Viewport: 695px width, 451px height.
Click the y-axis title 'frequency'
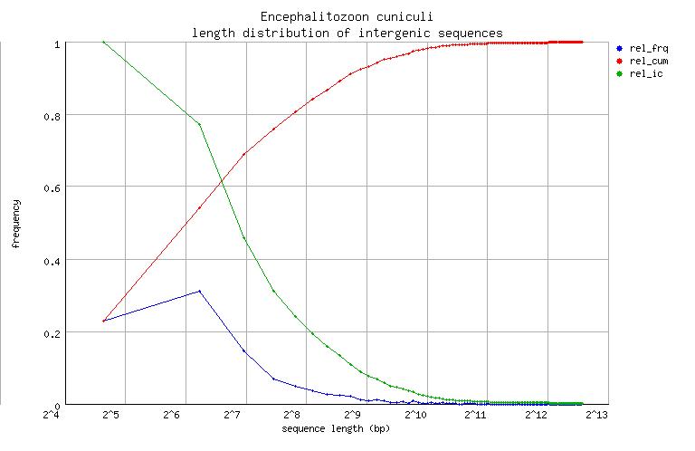(15, 223)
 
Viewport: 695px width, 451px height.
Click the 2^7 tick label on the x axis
(232, 415)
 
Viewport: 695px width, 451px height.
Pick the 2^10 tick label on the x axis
(415, 415)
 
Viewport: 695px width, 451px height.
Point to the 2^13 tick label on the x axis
(596, 415)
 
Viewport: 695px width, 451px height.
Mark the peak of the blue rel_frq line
(199, 292)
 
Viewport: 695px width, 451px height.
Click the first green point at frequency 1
(104, 43)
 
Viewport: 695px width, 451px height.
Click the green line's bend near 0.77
(199, 125)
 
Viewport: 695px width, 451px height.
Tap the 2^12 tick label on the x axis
(536, 415)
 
